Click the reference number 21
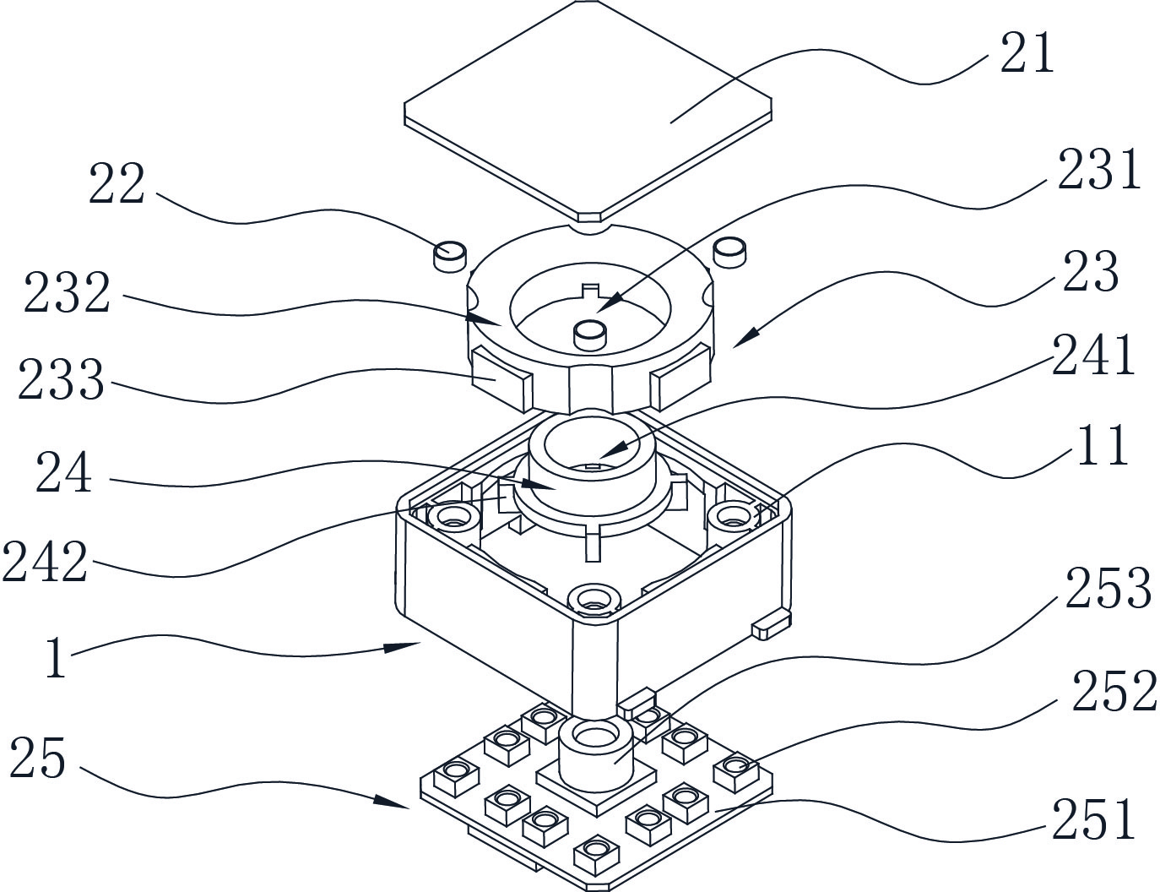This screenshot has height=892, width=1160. [1027, 54]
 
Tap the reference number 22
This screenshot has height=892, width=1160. [117, 184]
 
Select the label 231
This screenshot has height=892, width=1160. [1098, 170]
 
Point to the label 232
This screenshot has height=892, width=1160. [67, 293]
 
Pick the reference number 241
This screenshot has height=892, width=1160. [1093, 356]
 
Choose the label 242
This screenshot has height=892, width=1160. [45, 562]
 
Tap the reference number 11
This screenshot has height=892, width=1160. [1101, 445]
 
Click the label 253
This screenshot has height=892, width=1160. [1108, 588]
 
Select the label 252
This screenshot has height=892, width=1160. [1114, 691]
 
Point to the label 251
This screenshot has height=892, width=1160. [1093, 819]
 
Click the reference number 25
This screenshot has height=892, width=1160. [37, 757]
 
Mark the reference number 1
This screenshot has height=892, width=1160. [55, 659]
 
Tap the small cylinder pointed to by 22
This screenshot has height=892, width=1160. [449, 253]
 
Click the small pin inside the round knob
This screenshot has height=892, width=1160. [589, 334]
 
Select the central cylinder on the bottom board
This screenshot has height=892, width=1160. [596, 752]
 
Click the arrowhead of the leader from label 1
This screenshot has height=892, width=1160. [413, 645]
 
